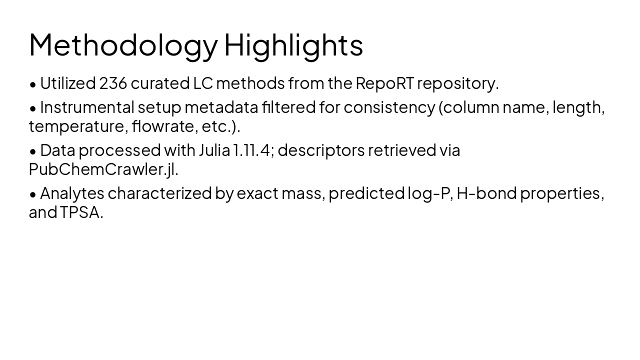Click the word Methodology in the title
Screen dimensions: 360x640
pyautogui.click(x=123, y=45)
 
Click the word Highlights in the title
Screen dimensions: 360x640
pyautogui.click(x=293, y=45)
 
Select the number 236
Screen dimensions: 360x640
pyautogui.click(x=113, y=83)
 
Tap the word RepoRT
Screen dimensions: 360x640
pyautogui.click(x=384, y=83)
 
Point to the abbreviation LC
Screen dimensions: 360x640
pyautogui.click(x=203, y=83)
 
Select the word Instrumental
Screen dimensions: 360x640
pyautogui.click(x=87, y=107)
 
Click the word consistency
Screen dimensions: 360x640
pyautogui.click(x=389, y=107)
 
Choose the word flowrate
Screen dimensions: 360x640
pyautogui.click(x=164, y=126)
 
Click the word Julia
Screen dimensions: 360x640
pyautogui.click(x=214, y=150)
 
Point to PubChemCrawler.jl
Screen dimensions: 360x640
pyautogui.click(x=103, y=169)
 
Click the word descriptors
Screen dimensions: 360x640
pyautogui.click(x=321, y=150)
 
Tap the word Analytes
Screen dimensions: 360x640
pyautogui.click(x=72, y=193)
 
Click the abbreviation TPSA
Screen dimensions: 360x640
pyautogui.click(x=81, y=212)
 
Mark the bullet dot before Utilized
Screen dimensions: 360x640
pyautogui.click(x=33, y=84)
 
